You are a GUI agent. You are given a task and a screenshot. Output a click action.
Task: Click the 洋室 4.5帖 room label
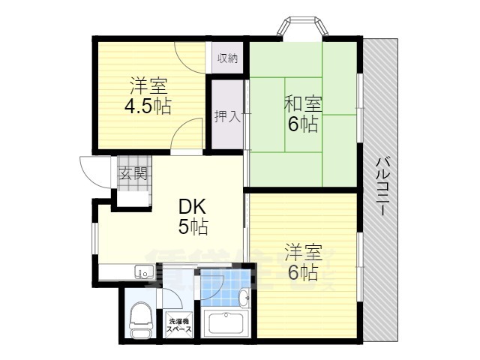(147, 96)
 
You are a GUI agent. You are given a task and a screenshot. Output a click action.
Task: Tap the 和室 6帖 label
(303, 114)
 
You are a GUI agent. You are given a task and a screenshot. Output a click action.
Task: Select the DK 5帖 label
(193, 215)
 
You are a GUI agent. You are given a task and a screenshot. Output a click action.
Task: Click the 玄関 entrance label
(132, 174)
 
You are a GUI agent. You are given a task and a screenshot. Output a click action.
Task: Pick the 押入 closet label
(227, 116)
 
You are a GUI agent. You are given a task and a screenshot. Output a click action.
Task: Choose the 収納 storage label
(228, 58)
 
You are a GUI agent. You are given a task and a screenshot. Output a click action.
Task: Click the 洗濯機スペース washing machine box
(178, 325)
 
